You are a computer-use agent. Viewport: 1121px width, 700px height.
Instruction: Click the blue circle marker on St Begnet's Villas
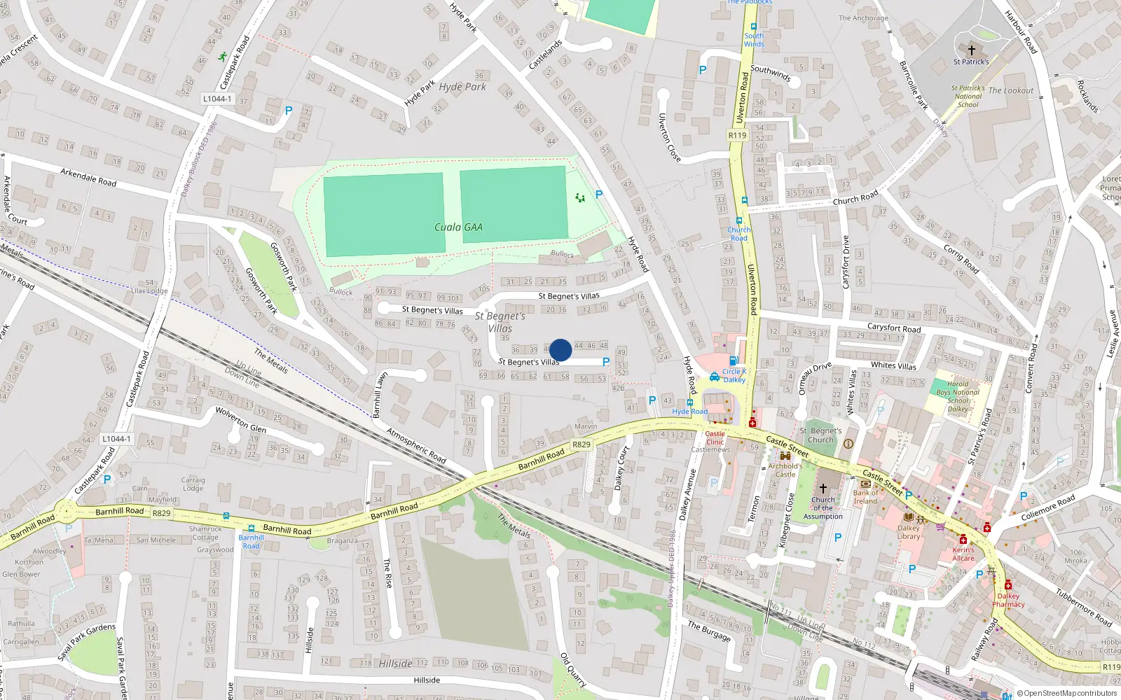tap(560, 350)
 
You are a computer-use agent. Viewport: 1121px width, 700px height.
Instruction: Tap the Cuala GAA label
tap(458, 227)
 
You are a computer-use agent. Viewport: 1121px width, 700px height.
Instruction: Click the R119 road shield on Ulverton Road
tap(737, 135)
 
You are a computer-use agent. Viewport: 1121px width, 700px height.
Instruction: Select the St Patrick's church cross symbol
tap(971, 50)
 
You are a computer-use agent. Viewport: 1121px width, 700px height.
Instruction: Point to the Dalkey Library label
tap(909, 532)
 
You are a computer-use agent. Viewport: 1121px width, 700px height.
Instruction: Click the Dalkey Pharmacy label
tap(1008, 600)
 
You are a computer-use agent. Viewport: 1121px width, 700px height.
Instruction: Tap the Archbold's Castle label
tap(785, 470)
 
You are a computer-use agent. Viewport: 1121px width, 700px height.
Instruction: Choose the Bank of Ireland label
tap(865, 497)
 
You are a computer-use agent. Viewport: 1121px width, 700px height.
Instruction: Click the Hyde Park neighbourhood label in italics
tap(462, 87)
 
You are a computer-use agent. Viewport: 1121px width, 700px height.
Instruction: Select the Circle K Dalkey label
tap(734, 375)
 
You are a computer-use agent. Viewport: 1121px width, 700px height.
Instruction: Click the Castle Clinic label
tap(715, 437)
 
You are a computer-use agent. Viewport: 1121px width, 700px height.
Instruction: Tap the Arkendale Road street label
tap(88, 176)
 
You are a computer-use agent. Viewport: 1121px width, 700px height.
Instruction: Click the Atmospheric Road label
tap(416, 446)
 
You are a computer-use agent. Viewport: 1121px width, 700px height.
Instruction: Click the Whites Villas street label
tap(893, 365)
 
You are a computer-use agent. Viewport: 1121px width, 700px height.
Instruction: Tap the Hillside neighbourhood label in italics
tap(396, 664)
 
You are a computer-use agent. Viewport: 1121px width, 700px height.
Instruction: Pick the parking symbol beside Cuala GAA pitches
tap(599, 195)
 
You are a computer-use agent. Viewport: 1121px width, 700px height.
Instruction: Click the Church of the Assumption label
tap(823, 508)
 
